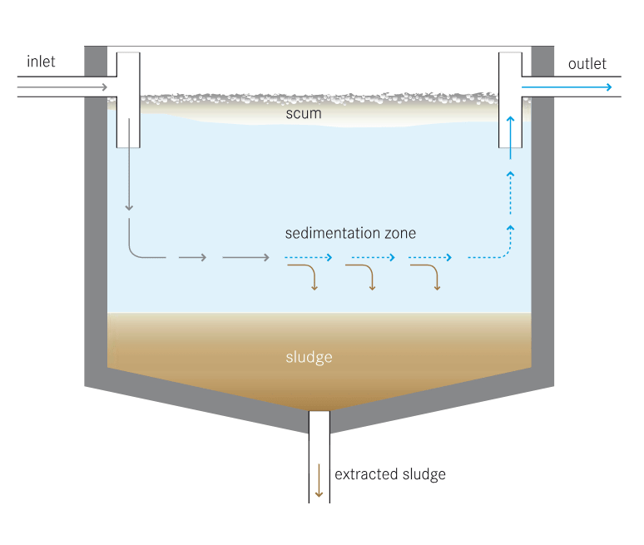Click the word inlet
41,62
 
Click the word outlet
587,64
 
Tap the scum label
304,113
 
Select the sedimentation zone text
350,233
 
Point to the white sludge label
309,358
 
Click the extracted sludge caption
389,474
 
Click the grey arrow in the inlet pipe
62,87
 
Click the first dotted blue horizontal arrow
309,257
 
